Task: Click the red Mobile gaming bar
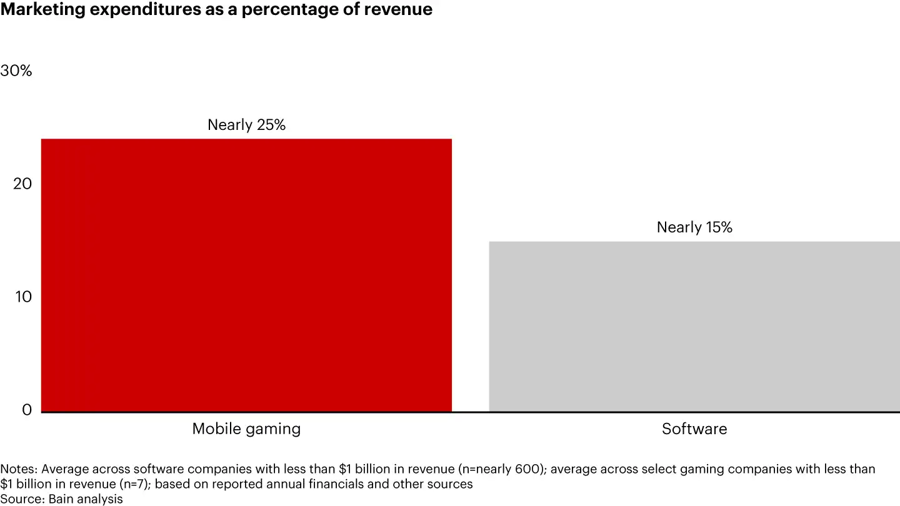click(x=246, y=275)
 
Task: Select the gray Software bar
click(x=694, y=326)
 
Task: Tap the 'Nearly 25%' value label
click(x=246, y=125)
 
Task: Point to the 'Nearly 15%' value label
click(x=694, y=227)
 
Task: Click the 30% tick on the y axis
click(x=16, y=71)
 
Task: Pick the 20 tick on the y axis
click(x=22, y=184)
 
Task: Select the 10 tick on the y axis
click(x=22, y=296)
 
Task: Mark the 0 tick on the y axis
click(x=27, y=409)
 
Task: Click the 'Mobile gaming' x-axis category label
click(x=246, y=429)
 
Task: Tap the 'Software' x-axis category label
click(x=694, y=429)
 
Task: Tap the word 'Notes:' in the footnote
click(x=19, y=469)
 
